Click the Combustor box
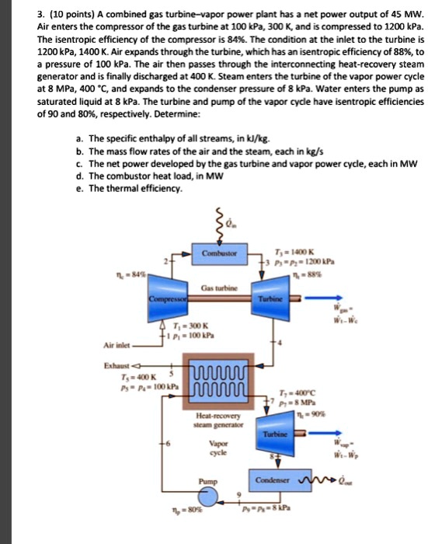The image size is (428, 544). [x=224, y=254]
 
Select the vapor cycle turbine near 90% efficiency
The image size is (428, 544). [x=279, y=436]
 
